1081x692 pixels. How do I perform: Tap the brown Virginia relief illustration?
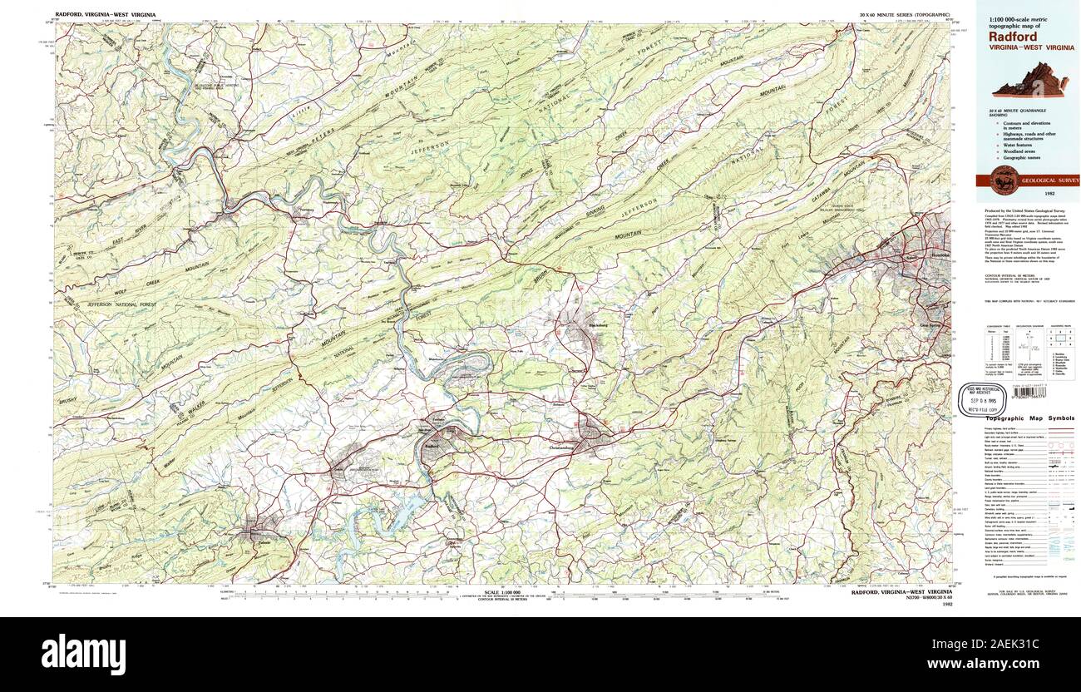[1026, 82]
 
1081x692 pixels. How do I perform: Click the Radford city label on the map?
[430, 446]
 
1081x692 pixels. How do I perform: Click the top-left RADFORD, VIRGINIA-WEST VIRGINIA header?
[105, 15]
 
